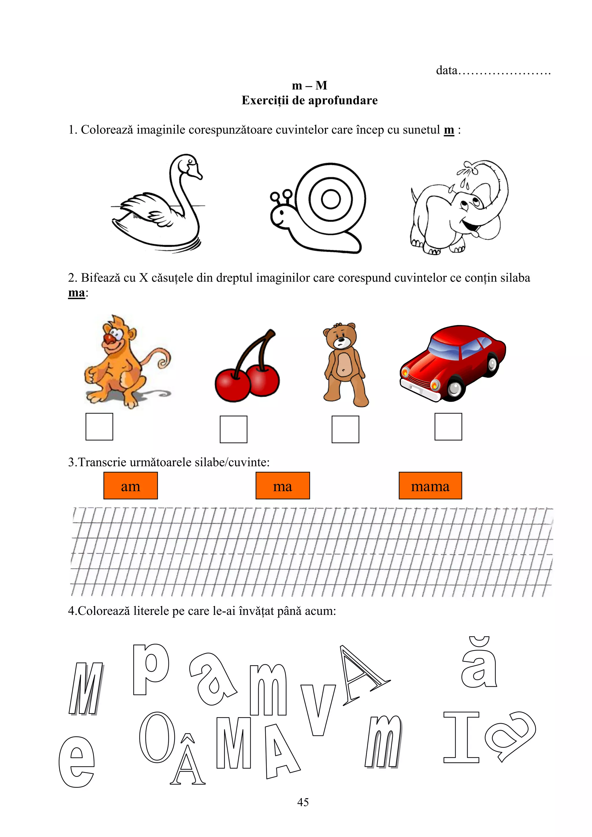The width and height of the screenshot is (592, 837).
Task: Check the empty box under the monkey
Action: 99,426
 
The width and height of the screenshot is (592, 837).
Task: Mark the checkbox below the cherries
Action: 234,429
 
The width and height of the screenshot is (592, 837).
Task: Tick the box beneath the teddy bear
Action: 345,429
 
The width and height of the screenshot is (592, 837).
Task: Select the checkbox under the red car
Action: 448,426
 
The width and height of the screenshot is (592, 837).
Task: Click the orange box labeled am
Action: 131,486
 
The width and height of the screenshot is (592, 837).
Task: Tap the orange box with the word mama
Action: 430,486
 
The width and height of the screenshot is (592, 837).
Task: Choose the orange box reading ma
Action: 282,486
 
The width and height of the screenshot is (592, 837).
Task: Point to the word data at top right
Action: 447,70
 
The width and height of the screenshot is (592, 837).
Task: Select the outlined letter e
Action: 77,762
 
